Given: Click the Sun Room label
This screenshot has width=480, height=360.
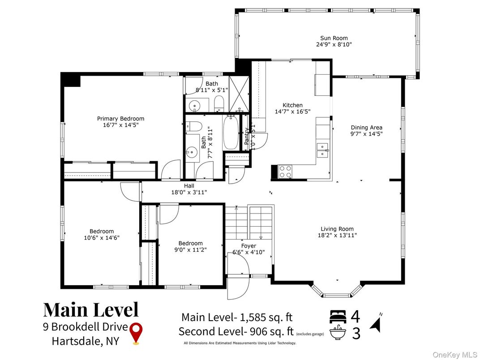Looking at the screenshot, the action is pos(334,38).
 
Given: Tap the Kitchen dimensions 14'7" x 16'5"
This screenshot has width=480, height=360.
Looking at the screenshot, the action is pos(293,111).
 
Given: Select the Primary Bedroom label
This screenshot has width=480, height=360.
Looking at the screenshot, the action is pos(120,119).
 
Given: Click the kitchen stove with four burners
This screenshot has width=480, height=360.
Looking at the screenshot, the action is pos(285,171).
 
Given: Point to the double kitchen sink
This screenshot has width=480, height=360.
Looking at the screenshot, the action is pos(322,150).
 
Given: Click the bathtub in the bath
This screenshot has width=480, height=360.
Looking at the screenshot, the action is pos(231,132).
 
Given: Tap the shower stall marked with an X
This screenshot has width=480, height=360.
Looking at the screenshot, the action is pos(239,94).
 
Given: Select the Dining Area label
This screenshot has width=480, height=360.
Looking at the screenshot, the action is pos(366,128).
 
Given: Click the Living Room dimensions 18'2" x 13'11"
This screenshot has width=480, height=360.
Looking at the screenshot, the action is pos(337,236).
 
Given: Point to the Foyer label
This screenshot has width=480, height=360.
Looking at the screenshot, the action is pos(249,246).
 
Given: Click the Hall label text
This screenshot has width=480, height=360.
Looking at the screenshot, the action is pos(189,186).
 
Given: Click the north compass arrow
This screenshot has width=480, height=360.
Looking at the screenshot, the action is pos(376,325).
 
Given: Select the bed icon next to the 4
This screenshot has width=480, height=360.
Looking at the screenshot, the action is pos(338,317).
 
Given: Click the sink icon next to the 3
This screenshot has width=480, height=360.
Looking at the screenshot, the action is pos(338,333).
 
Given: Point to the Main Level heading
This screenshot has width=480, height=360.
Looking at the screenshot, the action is pos(91,309).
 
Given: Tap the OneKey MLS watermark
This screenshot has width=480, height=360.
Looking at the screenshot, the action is pos(455,355).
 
